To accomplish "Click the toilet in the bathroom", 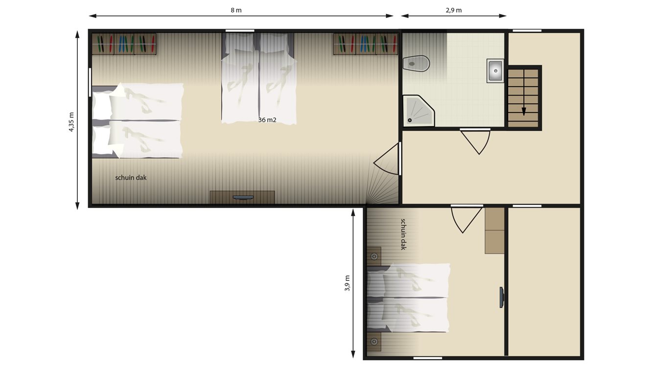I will [x=416, y=63].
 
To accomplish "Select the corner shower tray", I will [x=418, y=111].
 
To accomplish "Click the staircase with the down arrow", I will [x=523, y=97].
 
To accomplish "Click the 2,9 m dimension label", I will [x=454, y=10].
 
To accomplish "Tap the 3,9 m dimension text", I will [x=347, y=283].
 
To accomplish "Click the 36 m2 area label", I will [x=267, y=119].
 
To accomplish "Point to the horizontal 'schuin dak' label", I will [x=131, y=178].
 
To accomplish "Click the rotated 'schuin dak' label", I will [x=403, y=234].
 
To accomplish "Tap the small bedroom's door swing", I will [x=465, y=219].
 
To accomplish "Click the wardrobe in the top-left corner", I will [x=124, y=44].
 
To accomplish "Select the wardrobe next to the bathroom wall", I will [x=365, y=44].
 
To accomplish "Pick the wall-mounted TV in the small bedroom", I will [x=502, y=298].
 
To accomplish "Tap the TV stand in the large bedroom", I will [x=242, y=197].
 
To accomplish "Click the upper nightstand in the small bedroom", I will [x=374, y=256].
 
